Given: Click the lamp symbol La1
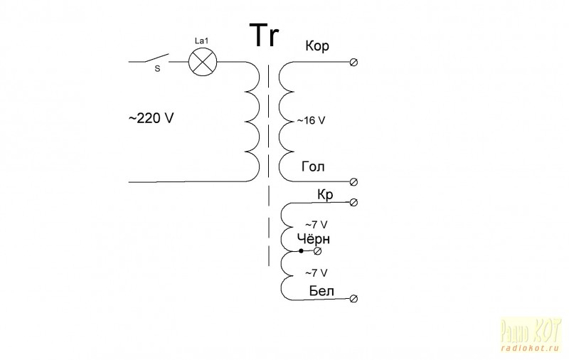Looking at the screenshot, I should coord(203,63).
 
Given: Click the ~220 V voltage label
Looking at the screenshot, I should coord(151,119).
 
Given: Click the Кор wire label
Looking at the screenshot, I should coord(317,46).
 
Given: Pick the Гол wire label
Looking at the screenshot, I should coord(313,167).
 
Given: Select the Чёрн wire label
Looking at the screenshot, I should coord(314,238).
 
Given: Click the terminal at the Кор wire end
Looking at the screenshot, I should coord(354,63).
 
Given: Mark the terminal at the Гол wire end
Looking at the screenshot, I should coord(354,181).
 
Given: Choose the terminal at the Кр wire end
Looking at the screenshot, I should coord(354,203).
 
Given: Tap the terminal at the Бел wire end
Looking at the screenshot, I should coord(354,299).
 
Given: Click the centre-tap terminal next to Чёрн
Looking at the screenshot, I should coord(318,251).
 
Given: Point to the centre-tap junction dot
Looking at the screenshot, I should coord(301,251).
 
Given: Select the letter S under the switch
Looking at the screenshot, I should coord(157,70).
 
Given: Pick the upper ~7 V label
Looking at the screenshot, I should coord(315,225).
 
